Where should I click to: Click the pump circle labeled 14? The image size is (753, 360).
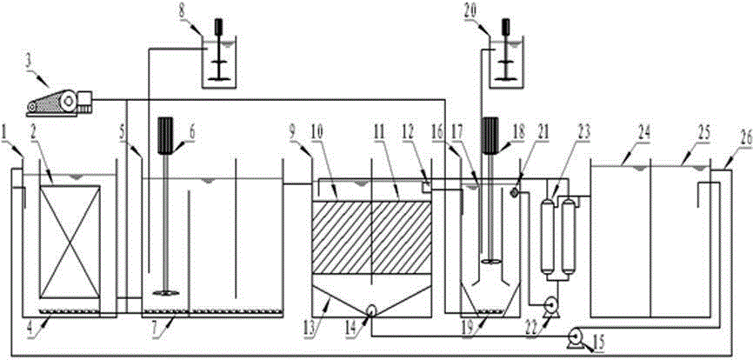pos(371,310)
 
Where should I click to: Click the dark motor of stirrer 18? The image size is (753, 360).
pos(490,134)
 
